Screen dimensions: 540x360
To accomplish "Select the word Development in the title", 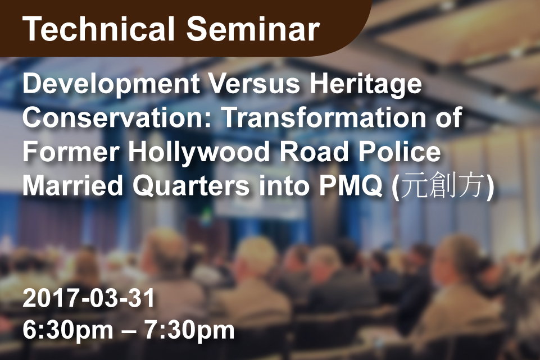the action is point(111,85).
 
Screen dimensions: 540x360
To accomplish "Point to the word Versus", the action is point(255,84).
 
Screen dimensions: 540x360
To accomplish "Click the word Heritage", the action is point(366,85).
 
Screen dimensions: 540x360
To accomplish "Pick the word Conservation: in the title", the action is point(117,117).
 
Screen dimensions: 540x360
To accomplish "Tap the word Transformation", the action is point(324,117).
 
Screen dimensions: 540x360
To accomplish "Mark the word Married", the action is point(72,185).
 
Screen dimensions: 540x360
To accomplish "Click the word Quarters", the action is point(191,186).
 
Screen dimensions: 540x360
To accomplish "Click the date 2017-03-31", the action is point(89,298).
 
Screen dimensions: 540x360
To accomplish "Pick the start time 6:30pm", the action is point(68,331).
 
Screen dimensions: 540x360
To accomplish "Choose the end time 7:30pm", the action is point(189,331).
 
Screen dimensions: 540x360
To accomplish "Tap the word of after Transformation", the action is point(449,117).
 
